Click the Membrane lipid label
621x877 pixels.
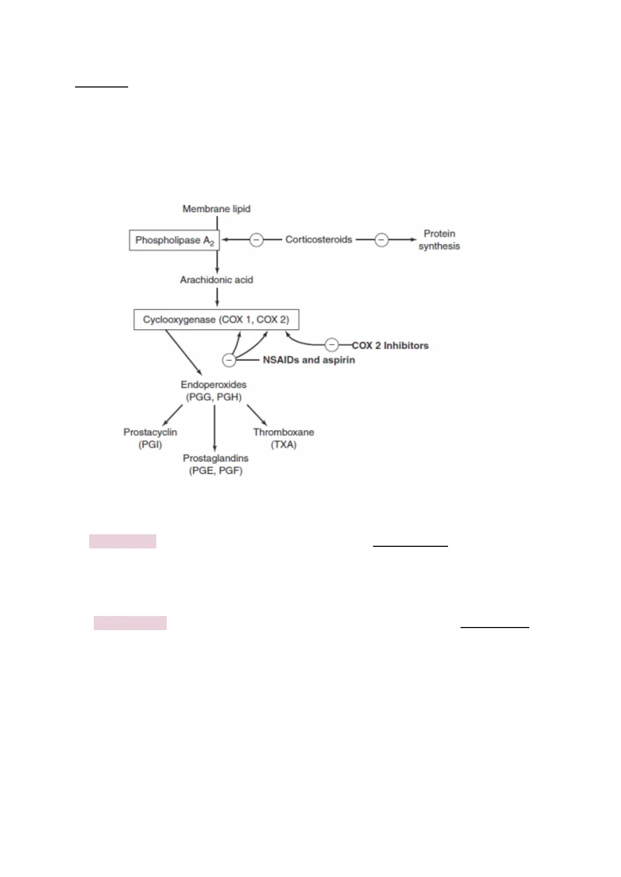pyautogui.click(x=216, y=209)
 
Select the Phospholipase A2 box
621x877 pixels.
pyautogui.click(x=174, y=241)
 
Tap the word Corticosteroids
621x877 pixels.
pyautogui.click(x=318, y=240)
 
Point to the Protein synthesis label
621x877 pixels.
pyautogui.click(x=439, y=240)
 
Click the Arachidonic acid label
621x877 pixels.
pyautogui.click(x=216, y=280)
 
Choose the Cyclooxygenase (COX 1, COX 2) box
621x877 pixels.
pyautogui.click(x=216, y=319)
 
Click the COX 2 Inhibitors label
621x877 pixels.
pyautogui.click(x=390, y=345)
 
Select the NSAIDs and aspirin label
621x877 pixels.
pyautogui.click(x=308, y=360)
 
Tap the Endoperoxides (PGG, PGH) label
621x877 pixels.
pyautogui.click(x=214, y=391)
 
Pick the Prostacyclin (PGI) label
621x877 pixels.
pyautogui.click(x=150, y=438)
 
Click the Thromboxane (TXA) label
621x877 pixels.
pyautogui.click(x=283, y=438)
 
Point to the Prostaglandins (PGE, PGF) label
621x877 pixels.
pyautogui.click(x=215, y=464)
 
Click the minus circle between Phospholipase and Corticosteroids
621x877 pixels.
pyautogui.click(x=256, y=240)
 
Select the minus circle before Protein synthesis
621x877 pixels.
pyautogui.click(x=382, y=240)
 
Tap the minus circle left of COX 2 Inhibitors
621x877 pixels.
pyautogui.click(x=332, y=345)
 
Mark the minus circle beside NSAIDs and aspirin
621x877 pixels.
pyautogui.click(x=229, y=360)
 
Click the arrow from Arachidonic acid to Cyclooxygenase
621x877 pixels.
pyautogui.click(x=217, y=296)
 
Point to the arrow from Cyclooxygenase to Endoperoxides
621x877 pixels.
pyautogui.click(x=184, y=352)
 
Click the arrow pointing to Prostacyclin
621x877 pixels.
pyautogui.click(x=173, y=415)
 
